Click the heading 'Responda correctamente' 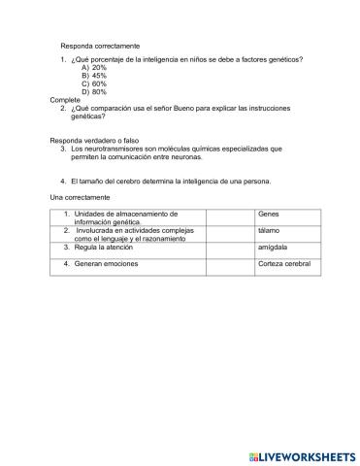[x=100, y=46]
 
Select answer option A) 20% [x=94, y=68]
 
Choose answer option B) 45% [x=94, y=76]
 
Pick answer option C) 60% [x=94, y=83]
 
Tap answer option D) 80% [x=94, y=91]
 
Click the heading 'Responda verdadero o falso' [x=107, y=141]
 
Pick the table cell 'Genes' [x=269, y=214]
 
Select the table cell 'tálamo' [x=270, y=231]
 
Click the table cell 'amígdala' [x=273, y=248]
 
